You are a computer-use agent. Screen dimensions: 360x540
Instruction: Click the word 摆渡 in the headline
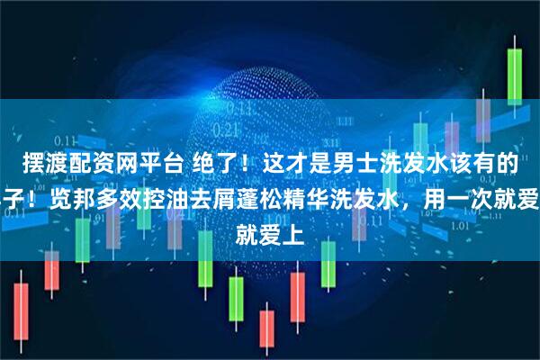coord(31,162)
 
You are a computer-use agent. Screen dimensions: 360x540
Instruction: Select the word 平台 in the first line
coord(141,162)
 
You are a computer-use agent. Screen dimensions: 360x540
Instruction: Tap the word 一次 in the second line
coord(465,191)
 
